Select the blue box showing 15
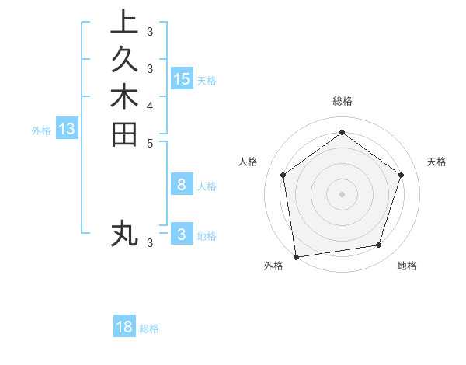point(182,79)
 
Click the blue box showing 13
point(67,129)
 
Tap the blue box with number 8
point(182,184)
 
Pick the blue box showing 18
point(124,327)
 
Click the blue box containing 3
point(182,234)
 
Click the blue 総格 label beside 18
point(149,328)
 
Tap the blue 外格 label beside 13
point(41,130)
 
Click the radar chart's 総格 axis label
point(342,101)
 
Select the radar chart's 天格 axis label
point(436,162)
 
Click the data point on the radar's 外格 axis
point(296,255)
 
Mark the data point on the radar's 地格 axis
point(379,245)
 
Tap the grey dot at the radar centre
point(342,193)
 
